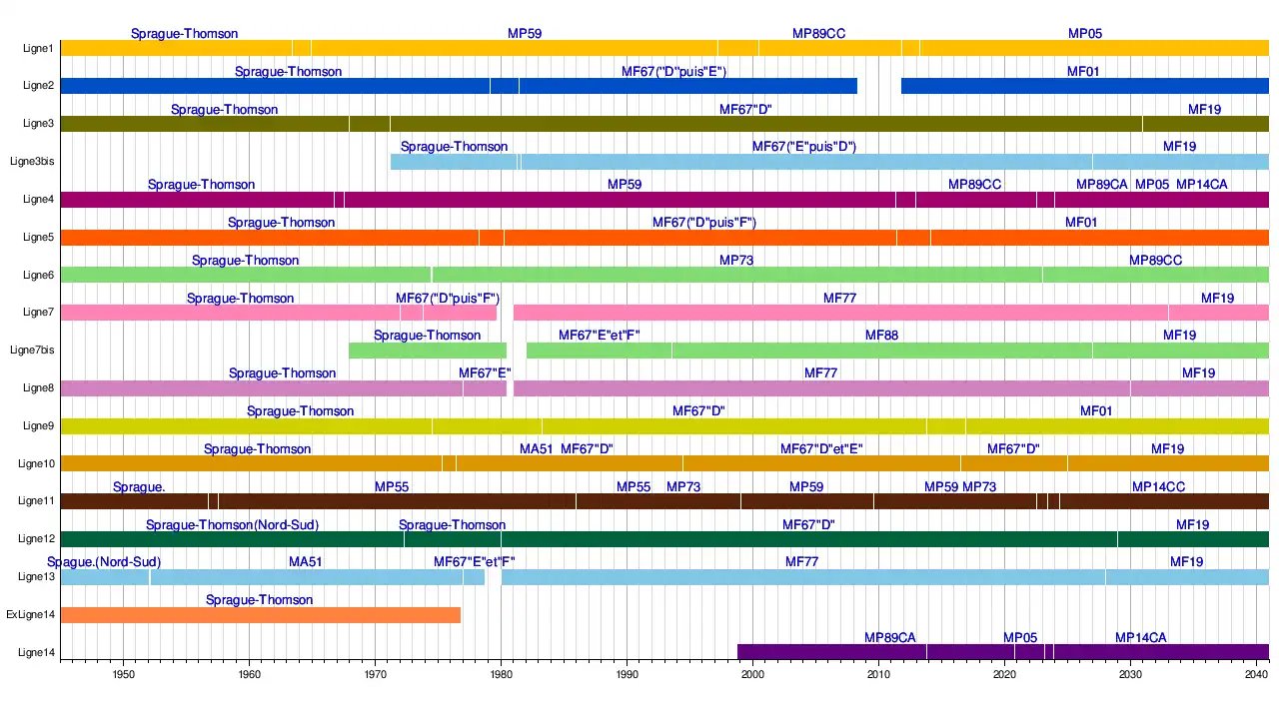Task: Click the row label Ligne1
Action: [38, 48]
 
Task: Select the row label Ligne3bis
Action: [32, 161]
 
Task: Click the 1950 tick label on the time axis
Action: [124, 674]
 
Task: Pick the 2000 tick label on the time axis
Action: [752, 674]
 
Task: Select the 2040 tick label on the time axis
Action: [1256, 674]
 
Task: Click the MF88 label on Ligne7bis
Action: [881, 336]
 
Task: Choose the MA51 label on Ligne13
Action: [306, 562]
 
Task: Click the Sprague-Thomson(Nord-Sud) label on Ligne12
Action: [232, 525]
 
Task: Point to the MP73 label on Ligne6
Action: [736, 261]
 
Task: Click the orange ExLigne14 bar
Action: [260, 615]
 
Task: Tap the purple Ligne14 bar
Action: [999, 652]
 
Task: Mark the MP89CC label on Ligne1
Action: [818, 34]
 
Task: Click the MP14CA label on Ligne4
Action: [1202, 185]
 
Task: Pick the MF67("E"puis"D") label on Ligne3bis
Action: [804, 147]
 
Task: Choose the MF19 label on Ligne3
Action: [1204, 110]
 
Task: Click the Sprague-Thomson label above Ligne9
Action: [300, 411]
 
